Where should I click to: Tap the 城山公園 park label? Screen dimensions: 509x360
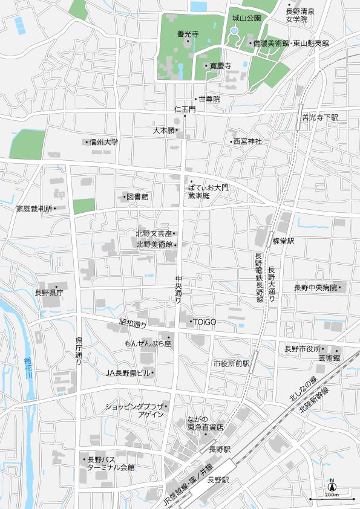tap(246, 19)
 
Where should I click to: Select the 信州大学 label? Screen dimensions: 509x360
tap(103, 143)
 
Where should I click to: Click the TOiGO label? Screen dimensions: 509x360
tap(204, 322)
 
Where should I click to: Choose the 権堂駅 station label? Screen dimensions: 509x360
tap(283, 241)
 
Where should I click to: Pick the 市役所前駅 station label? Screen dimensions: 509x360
tap(231, 363)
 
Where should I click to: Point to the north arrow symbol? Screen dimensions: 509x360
tap(332, 485)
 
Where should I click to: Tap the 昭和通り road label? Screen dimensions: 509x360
tap(133, 325)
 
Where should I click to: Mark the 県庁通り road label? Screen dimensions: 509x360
tap(79, 351)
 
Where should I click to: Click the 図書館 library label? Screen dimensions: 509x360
tap(137, 197)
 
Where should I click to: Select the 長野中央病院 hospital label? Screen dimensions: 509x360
tap(315, 288)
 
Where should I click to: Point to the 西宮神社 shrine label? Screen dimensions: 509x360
tap(247, 141)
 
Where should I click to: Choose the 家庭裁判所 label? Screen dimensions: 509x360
tap(34, 209)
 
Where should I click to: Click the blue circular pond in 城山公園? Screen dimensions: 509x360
tap(234, 31)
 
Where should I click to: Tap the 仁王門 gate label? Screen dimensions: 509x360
tap(185, 109)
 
